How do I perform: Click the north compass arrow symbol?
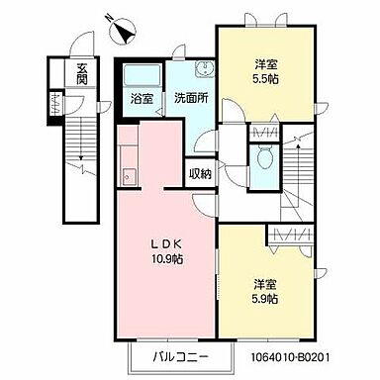tap(123, 33)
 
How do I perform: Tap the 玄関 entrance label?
tap(81, 74)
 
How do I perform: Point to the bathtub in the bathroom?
tap(139, 75)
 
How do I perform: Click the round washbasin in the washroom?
tap(204, 68)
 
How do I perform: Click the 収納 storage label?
tap(199, 174)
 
